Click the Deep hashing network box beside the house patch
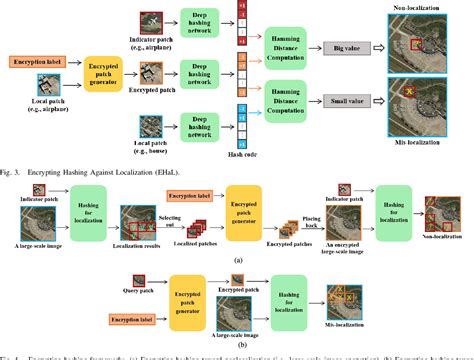pos(200,126)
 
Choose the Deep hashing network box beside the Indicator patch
pos(200,22)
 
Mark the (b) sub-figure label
pos(236,351)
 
